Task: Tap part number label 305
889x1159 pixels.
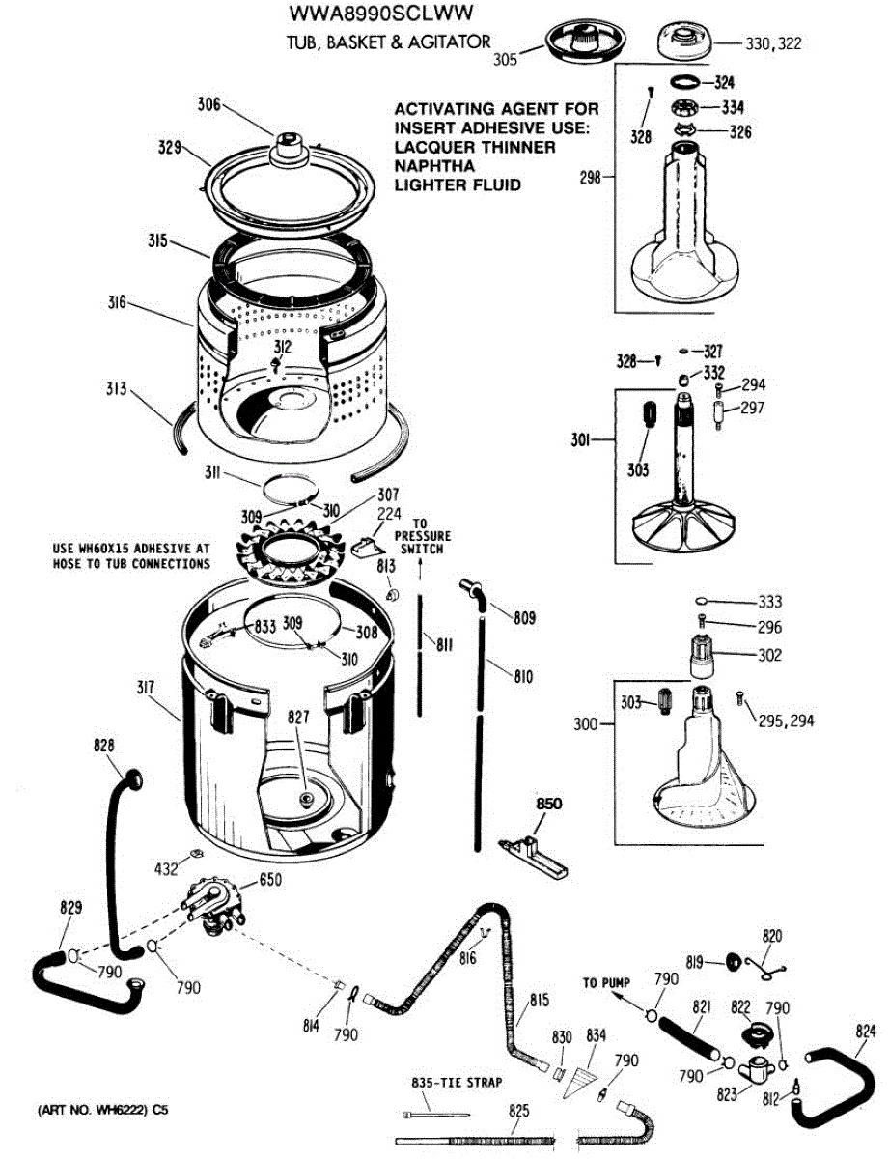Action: pyautogui.click(x=504, y=58)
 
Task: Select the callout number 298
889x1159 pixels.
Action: pyautogui.click(x=592, y=178)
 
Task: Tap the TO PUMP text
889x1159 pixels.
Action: pyautogui.click(x=605, y=983)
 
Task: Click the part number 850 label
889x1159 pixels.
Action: pyautogui.click(x=548, y=803)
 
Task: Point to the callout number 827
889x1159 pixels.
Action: pyautogui.click(x=297, y=718)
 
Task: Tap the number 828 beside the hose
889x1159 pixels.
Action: pyautogui.click(x=104, y=746)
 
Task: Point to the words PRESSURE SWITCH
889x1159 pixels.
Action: pyautogui.click(x=423, y=543)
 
